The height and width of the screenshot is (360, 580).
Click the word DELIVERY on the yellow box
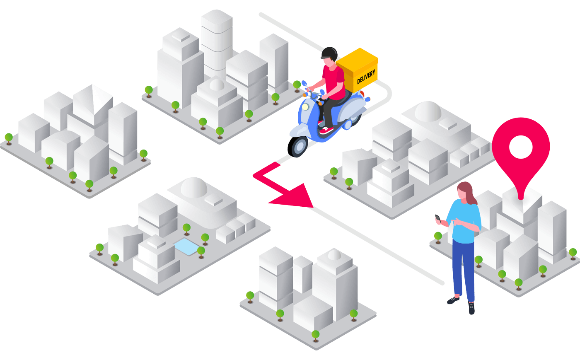coord(366,77)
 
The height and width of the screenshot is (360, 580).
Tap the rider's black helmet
coord(329,53)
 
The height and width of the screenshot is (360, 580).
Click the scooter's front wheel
coord(298,146)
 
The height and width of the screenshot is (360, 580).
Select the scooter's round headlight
coord(306,107)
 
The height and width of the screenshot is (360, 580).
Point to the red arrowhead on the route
coord(295,197)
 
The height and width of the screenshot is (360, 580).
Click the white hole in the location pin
coord(521,147)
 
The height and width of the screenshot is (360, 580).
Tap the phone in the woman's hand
coord(438,219)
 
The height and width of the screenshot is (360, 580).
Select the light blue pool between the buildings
coord(187,246)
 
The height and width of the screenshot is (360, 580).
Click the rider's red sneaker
coord(326,130)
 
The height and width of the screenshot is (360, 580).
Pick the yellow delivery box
coord(357,70)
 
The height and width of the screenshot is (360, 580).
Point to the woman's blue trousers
coord(464,269)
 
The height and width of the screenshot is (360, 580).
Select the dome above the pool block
coord(194,187)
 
